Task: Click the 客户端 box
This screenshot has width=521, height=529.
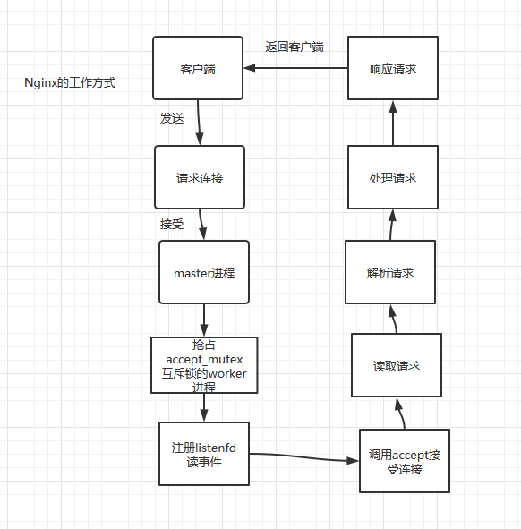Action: [x=198, y=68]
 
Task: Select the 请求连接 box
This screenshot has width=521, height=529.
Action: [x=199, y=177]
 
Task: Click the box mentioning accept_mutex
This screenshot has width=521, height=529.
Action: [x=204, y=365]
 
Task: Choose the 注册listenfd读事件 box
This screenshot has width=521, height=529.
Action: [x=204, y=454]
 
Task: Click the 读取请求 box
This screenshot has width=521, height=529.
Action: [x=396, y=366]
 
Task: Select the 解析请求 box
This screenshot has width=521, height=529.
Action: [x=390, y=272]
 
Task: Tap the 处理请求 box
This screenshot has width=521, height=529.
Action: [x=392, y=178]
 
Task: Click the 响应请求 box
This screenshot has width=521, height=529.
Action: [x=392, y=68]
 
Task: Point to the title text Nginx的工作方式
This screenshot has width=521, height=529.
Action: [x=70, y=84]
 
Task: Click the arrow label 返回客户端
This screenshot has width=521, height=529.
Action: [x=294, y=47]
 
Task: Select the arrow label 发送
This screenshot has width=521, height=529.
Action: [x=172, y=118]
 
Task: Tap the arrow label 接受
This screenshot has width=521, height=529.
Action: [x=172, y=224]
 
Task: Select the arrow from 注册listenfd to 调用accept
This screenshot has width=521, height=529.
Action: [x=304, y=457]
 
